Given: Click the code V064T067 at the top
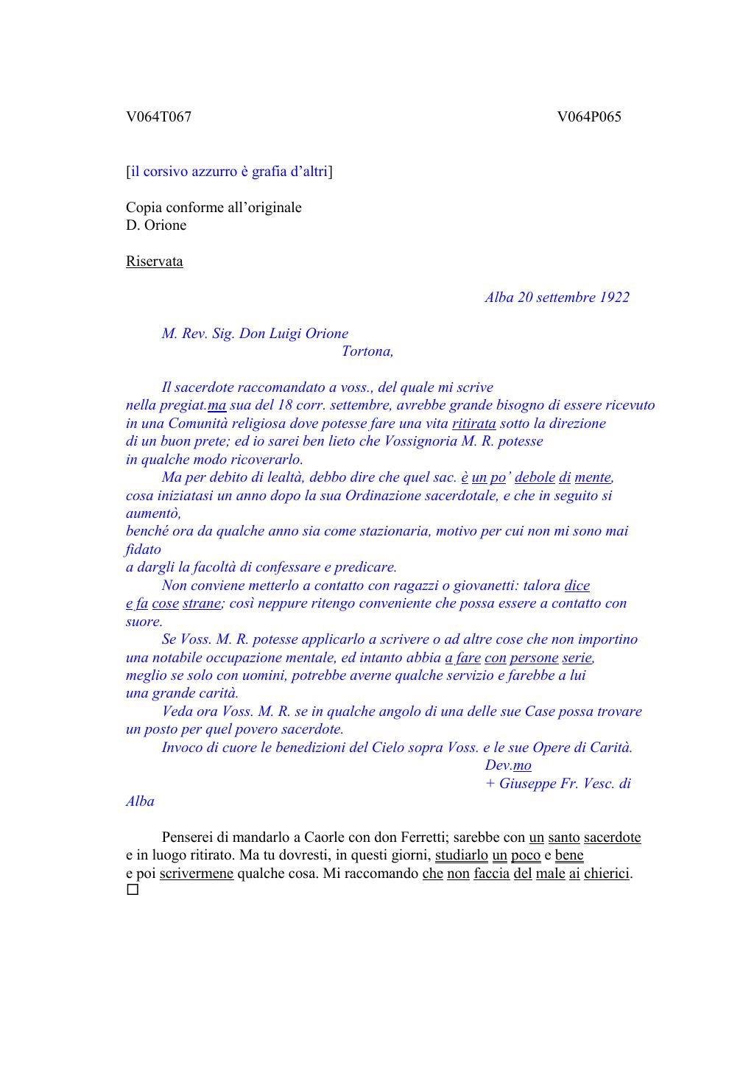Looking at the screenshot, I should [158, 117].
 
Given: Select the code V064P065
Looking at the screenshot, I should [589, 117].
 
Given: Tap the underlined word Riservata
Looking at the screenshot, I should [155, 261].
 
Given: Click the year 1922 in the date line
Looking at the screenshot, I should [614, 298].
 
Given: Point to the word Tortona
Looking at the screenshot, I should [367, 351].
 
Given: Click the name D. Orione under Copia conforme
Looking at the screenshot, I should [156, 225].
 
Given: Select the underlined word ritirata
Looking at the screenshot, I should [474, 424].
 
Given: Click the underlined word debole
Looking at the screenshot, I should [535, 477].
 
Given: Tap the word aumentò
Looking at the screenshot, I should [153, 513].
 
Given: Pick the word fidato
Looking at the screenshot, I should [144, 549].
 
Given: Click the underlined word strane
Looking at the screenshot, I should [202, 603].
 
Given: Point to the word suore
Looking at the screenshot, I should [144, 622].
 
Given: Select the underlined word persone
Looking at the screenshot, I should [534, 658].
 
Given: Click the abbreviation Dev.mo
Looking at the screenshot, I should [508, 765].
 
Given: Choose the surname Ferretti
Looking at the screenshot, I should [423, 837].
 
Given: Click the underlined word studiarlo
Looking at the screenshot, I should [462, 856].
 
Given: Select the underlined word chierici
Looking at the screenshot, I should [607, 874].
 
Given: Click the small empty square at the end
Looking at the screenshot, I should [133, 890].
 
